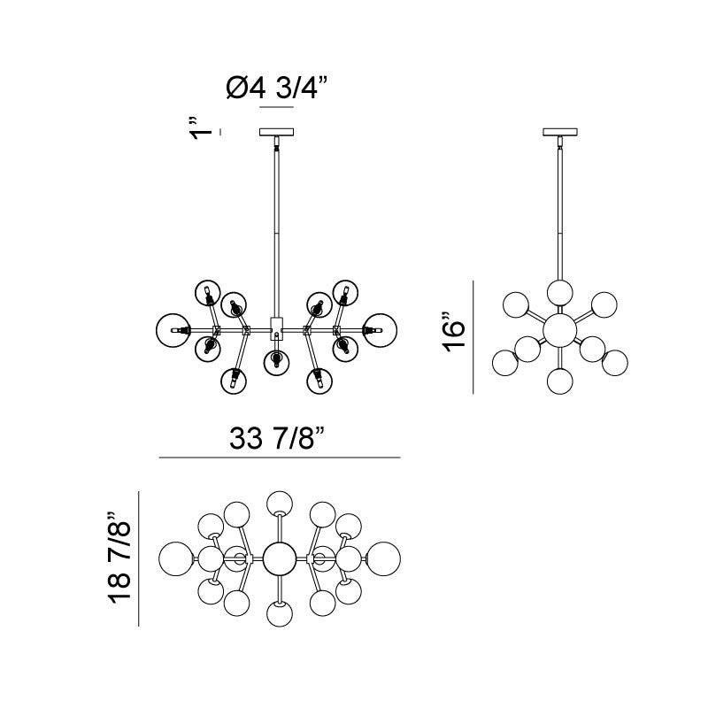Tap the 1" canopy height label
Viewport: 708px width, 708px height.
[x=203, y=128]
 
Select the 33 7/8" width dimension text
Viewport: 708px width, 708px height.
[x=279, y=437]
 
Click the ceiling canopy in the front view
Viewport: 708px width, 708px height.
[x=276, y=133]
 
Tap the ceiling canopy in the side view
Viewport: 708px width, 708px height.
[x=559, y=133]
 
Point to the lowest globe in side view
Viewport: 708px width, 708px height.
[x=559, y=381]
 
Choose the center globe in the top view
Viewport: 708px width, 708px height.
[x=279, y=558]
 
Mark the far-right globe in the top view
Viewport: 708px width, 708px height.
[x=383, y=558]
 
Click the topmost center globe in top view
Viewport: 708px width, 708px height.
[x=280, y=502]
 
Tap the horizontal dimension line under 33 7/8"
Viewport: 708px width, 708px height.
[x=279, y=458]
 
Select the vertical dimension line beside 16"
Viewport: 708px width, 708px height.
[x=474, y=336]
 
